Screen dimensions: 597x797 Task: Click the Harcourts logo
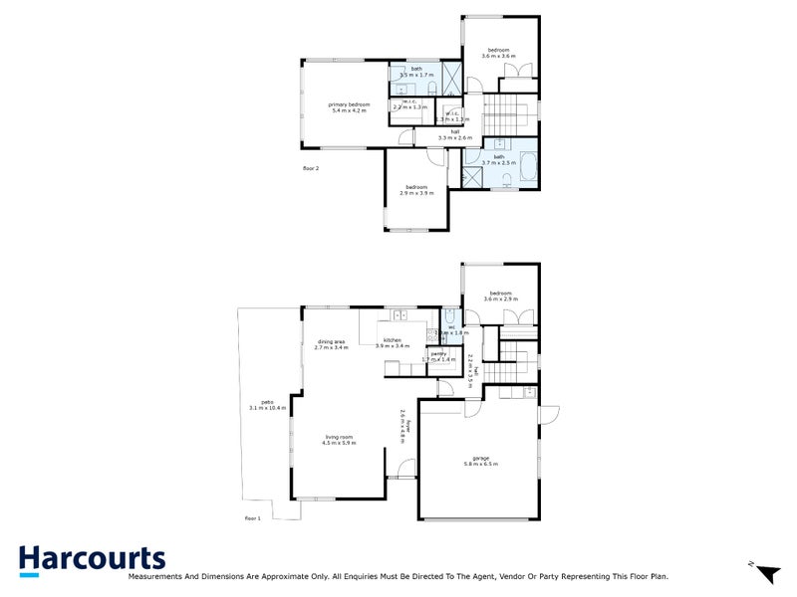coord(91,560)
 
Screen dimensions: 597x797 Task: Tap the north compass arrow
coord(766,573)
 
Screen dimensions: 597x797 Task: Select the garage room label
coord(481,461)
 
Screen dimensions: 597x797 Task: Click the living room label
coord(339,439)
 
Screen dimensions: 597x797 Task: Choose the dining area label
coord(330,344)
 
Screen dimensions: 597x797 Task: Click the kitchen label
coord(393,343)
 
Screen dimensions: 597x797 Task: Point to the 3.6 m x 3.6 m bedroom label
coord(498,53)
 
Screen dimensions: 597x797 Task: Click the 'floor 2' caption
coord(311,168)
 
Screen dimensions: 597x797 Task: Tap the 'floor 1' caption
coord(252,518)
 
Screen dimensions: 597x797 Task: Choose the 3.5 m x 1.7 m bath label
coord(416,72)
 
